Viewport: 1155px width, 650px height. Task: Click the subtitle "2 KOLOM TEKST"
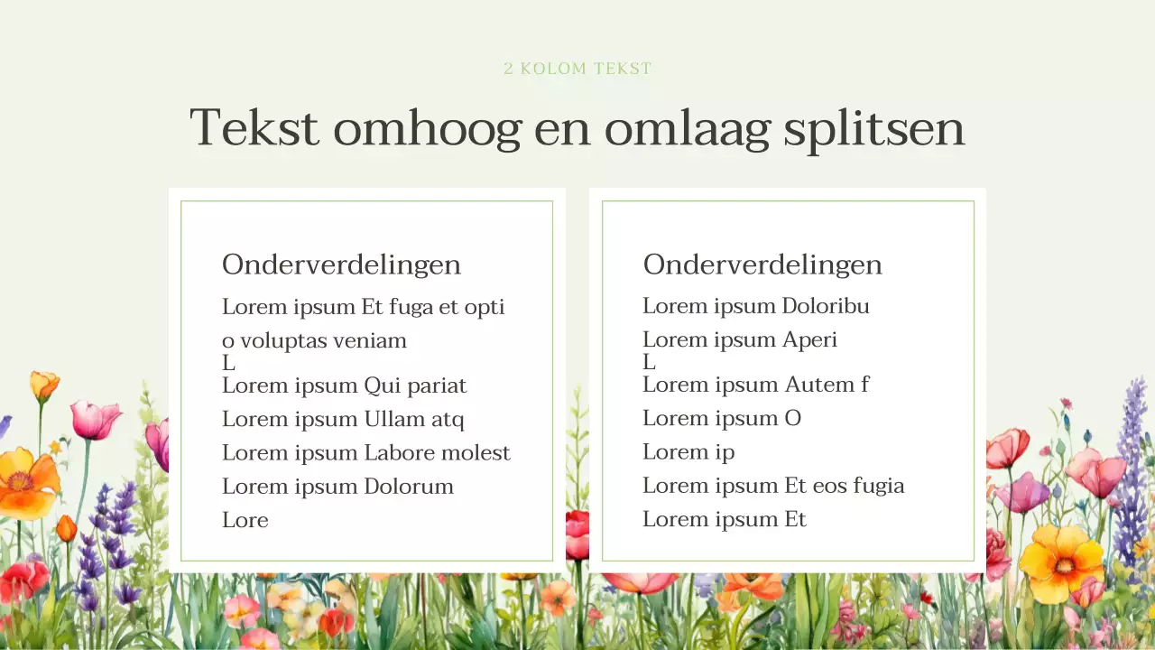[577, 69]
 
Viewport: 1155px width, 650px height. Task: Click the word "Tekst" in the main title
[254, 127]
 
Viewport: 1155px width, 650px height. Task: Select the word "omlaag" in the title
[687, 127]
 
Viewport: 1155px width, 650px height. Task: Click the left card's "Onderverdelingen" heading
[341, 265]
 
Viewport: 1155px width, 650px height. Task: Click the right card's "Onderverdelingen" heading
[762, 265]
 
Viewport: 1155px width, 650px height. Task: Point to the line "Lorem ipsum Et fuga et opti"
[363, 307]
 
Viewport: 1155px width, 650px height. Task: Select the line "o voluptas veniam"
[314, 341]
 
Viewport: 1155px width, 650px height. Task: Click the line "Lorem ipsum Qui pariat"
[344, 386]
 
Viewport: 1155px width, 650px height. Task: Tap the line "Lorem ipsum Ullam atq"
[343, 420]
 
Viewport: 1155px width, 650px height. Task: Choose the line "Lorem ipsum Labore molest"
[365, 453]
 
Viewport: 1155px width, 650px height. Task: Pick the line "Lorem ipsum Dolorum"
[337, 487]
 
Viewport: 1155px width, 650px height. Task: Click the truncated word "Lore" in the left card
[245, 520]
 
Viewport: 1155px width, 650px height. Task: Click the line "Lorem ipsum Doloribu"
[755, 306]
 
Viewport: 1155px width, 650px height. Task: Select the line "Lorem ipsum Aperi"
[739, 340]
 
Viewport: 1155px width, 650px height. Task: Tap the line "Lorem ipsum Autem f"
[755, 385]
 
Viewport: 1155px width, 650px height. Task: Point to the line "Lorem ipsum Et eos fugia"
[773, 486]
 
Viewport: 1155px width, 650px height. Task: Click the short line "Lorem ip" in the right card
[688, 452]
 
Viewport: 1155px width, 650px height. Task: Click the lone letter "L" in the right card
[649, 363]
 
